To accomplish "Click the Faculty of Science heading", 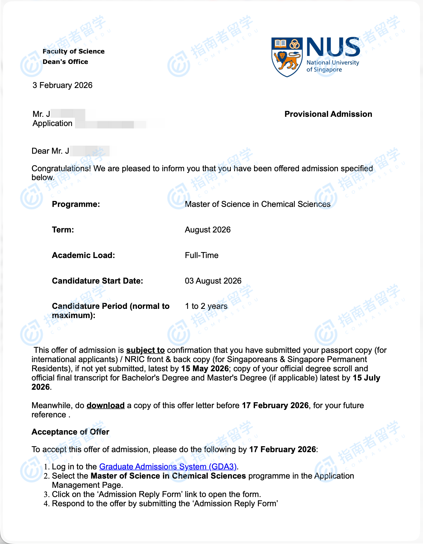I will pos(73,51).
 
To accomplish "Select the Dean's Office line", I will pos(65,62).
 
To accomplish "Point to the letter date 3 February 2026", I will pos(62,85).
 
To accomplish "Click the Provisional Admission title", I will pos(328,114).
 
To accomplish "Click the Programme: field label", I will pos(76,204).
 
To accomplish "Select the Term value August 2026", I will pos(208,230).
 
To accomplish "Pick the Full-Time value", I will pos(202,255).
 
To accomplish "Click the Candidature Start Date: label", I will pos(97,281).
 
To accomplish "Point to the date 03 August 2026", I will pos(213,281).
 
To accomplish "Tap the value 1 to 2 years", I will pos(206,306).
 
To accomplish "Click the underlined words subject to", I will pos(145,350).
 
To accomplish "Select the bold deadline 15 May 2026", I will pos(205,369).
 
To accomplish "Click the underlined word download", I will pos(106,405).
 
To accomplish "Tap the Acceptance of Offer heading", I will pos(70,432).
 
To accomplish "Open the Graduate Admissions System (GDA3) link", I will pos(168,467).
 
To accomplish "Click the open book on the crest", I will pos(280,44).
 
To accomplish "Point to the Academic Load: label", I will pos(83,255).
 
